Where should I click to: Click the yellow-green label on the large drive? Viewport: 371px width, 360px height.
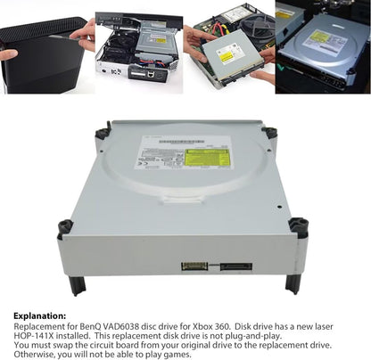(207, 158)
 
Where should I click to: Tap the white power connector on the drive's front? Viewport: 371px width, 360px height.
(194, 266)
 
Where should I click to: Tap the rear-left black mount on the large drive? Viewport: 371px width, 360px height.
(103, 132)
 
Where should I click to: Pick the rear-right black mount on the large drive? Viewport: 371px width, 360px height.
(269, 132)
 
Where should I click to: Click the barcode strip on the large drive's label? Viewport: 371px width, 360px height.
(160, 165)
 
